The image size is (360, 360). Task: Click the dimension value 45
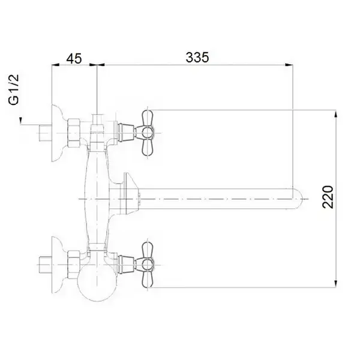coord(74,59)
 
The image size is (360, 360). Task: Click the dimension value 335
coord(197,58)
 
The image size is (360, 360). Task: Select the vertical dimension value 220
coord(328,197)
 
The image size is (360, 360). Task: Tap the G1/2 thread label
coord(14,89)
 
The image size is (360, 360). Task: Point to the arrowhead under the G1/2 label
coord(20,121)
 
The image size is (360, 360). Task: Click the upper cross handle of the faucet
coord(147,133)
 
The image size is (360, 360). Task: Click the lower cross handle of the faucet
coord(147,265)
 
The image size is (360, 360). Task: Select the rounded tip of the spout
coord(298,199)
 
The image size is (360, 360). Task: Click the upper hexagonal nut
coord(74,133)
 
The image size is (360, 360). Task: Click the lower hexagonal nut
coord(74,265)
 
